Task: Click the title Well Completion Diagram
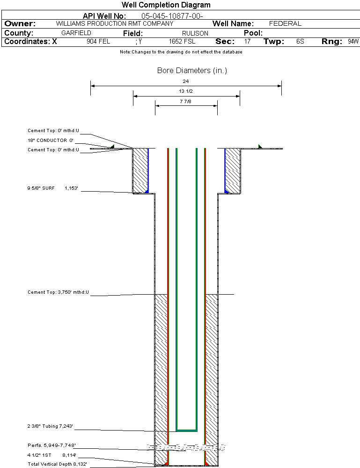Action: [166, 5]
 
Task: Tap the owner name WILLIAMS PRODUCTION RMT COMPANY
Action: [114, 23]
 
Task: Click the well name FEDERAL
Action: [285, 23]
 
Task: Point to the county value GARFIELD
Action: [76, 33]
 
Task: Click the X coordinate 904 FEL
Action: [98, 42]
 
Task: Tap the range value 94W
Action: [353, 42]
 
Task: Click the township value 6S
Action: [300, 42]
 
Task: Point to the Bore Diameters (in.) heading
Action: [192, 71]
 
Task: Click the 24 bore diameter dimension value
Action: [186, 81]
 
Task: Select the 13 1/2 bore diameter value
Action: [186, 91]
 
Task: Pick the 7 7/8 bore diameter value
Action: [186, 101]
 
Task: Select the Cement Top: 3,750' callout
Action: [58, 292]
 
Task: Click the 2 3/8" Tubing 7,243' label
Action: [50, 426]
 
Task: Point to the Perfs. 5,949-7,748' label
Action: [51, 445]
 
